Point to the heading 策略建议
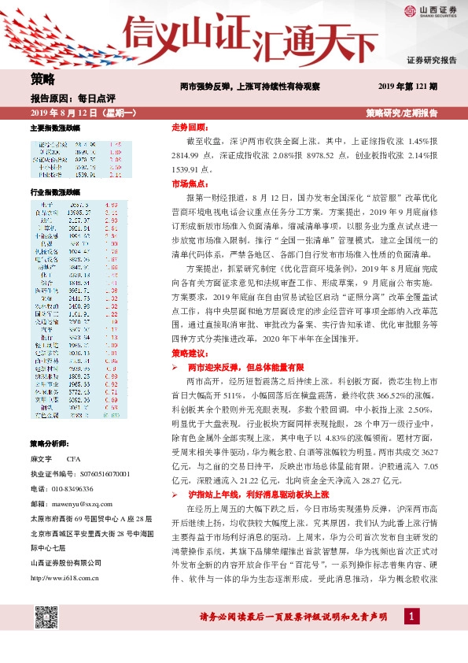point(189,353)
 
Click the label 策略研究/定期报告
point(403,113)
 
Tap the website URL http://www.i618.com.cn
point(68,557)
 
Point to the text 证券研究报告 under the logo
point(432,60)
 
